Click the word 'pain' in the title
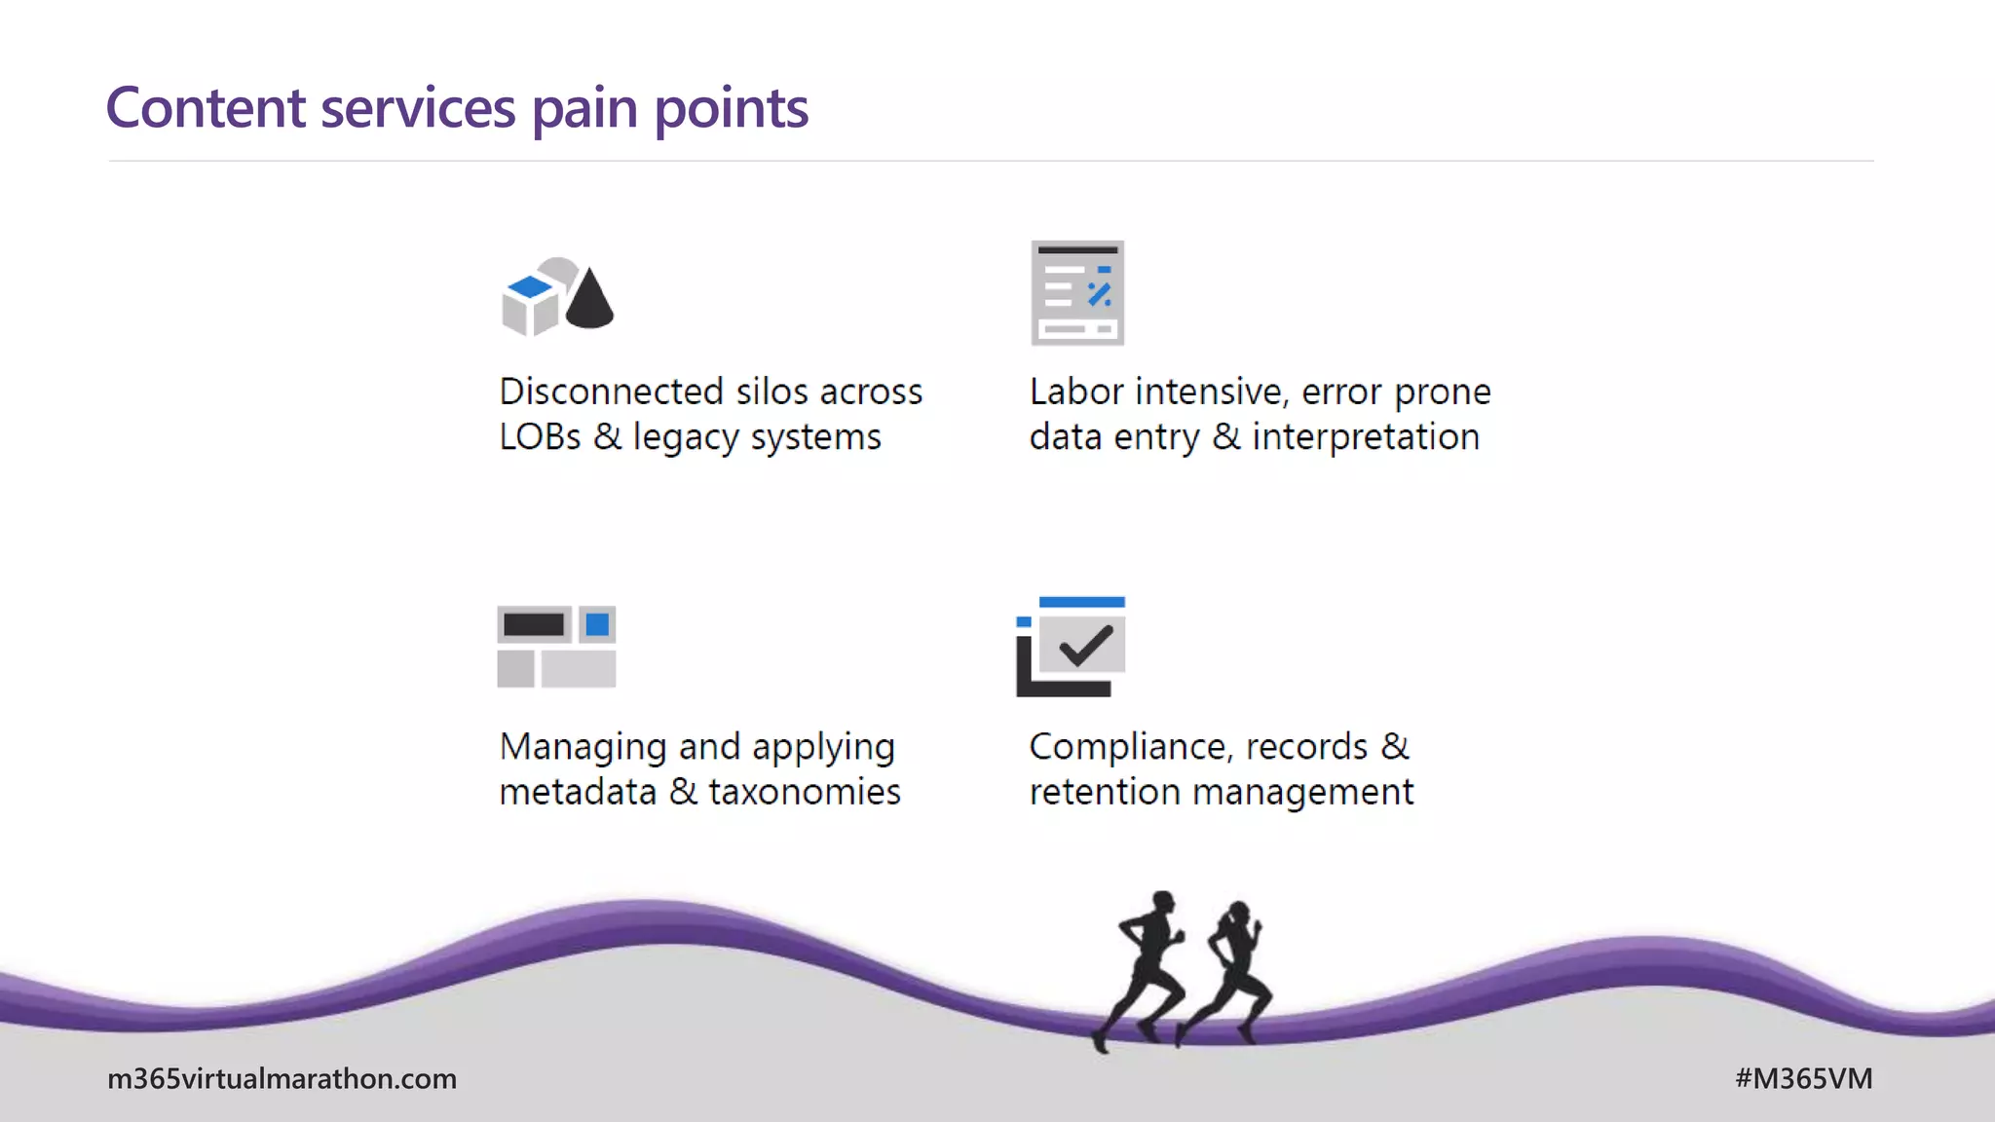[x=583, y=109]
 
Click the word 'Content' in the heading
[x=206, y=107]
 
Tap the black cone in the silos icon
[x=589, y=300]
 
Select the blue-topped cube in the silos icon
[x=530, y=303]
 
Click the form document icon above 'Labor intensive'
[x=1077, y=292]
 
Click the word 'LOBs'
[x=540, y=437]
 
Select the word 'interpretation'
[x=1366, y=437]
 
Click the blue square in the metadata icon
[x=597, y=624]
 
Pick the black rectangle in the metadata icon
[x=534, y=624]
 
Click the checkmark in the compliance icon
[x=1085, y=645]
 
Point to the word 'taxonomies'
[x=805, y=792]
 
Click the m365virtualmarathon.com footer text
[x=282, y=1078]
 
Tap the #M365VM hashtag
[x=1803, y=1078]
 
